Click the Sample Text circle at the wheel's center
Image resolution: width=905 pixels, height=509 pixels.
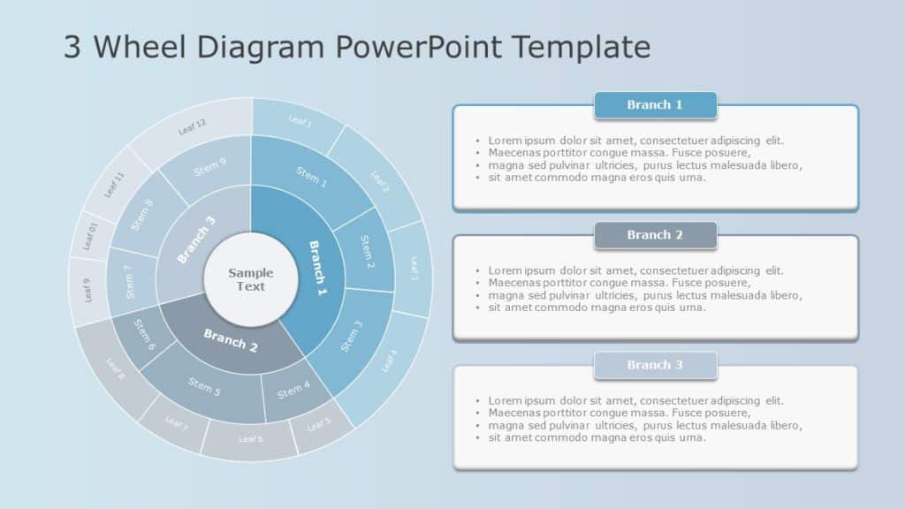251,279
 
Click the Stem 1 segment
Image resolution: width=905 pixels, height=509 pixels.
310,179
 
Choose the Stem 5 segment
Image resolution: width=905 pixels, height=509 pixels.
202,386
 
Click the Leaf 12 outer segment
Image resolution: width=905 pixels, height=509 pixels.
192,127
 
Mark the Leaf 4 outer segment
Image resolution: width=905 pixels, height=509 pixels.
389,361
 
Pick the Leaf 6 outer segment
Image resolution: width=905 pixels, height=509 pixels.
251,439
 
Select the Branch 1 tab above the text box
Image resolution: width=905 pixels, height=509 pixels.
655,105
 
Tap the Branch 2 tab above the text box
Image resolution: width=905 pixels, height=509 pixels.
655,235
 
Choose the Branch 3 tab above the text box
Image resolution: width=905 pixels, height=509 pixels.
655,365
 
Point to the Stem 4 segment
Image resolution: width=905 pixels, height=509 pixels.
294,389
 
